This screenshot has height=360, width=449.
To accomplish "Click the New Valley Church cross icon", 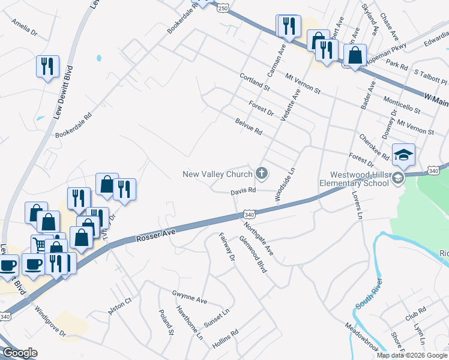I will [261, 174].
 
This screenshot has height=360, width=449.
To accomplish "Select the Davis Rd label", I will [244, 191].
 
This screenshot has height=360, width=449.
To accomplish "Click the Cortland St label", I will [255, 82].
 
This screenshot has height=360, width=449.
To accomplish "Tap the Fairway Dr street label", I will [226, 248].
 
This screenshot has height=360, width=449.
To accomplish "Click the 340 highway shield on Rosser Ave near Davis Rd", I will [250, 214].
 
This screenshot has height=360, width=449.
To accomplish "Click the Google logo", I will [20, 353].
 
